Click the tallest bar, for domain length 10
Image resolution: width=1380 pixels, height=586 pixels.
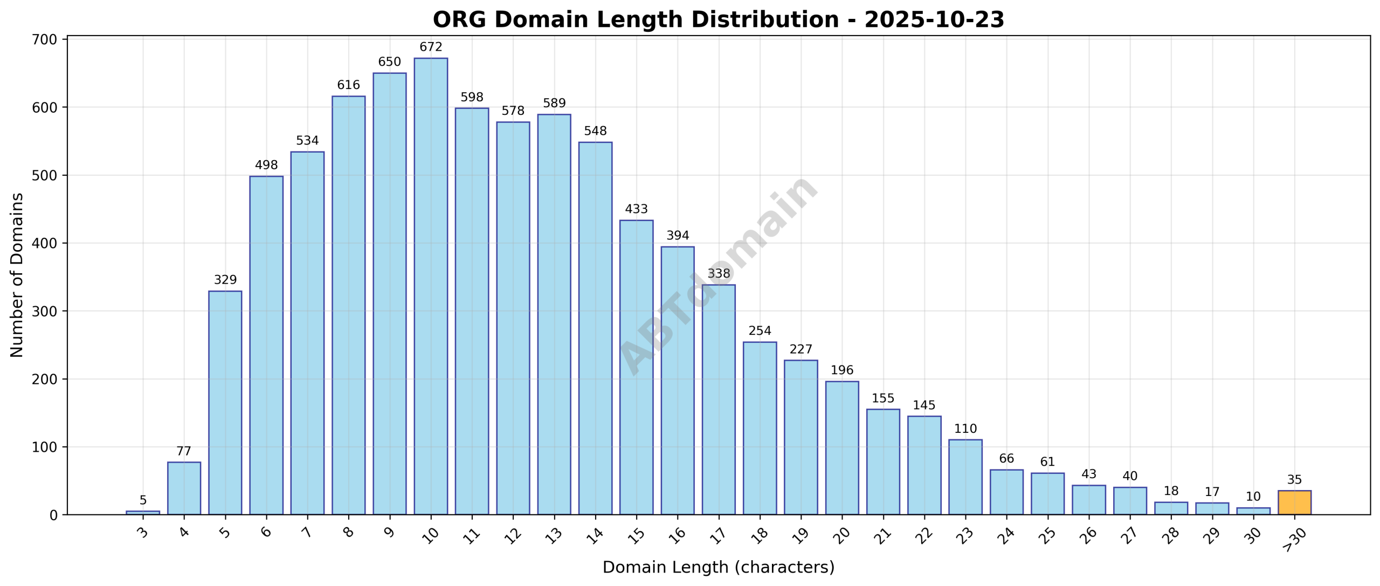(431, 286)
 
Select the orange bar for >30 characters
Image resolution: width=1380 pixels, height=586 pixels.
(1294, 502)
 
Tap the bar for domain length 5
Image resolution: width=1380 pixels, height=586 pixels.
(225, 402)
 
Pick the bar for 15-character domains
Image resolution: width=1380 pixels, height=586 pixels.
(636, 367)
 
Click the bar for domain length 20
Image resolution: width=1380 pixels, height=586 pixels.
(842, 447)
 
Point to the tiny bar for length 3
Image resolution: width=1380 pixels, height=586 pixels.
(143, 513)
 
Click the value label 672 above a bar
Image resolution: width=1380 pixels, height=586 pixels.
(431, 47)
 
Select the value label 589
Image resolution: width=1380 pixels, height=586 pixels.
(554, 104)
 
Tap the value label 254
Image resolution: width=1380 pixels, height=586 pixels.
(760, 331)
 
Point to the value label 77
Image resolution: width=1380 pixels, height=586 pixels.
(184, 452)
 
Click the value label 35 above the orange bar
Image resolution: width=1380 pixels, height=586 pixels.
(1294, 480)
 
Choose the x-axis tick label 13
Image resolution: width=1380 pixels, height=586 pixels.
(553, 535)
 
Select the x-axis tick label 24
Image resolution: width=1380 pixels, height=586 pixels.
(1005, 535)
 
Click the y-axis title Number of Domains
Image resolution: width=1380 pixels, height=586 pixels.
(17, 275)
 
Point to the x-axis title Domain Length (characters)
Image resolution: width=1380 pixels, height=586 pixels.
(718, 568)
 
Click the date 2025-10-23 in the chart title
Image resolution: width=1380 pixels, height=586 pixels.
(934, 20)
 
